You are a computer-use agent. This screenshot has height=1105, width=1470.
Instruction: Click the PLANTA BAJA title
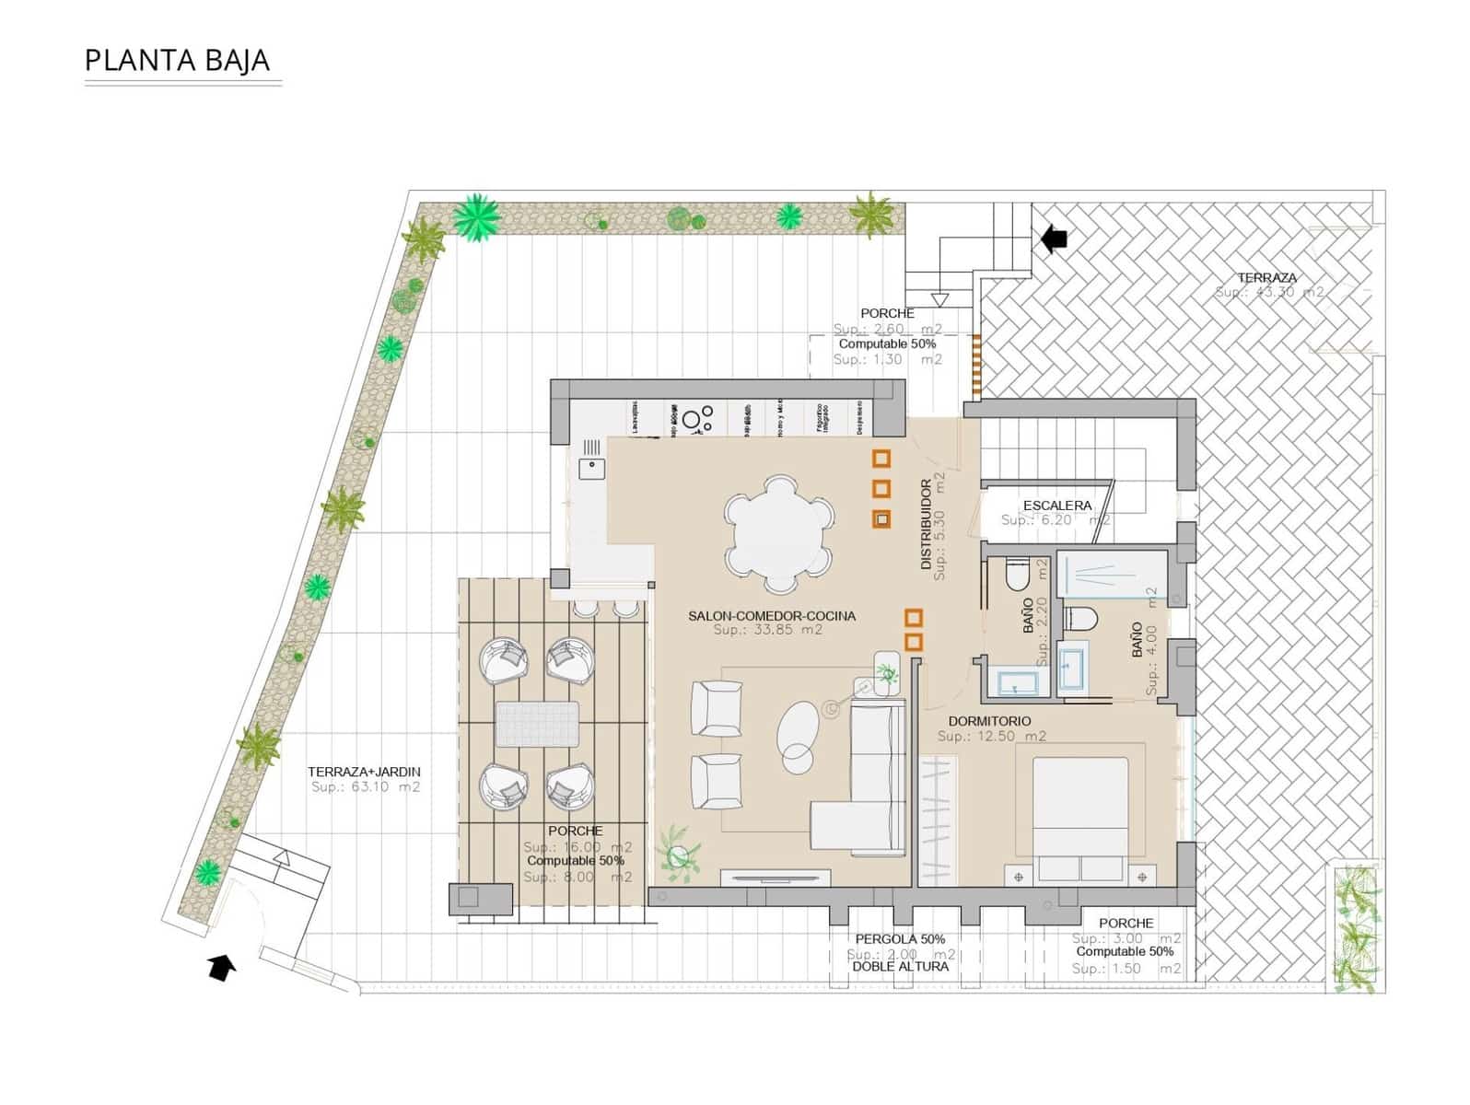(x=177, y=60)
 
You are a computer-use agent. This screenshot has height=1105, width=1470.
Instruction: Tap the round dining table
(x=778, y=533)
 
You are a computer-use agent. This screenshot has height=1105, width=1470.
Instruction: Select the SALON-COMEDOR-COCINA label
(x=771, y=616)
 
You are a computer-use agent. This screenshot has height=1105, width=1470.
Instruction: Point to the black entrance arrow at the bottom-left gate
(x=221, y=968)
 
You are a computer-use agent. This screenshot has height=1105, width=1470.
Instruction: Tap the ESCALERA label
(x=1056, y=506)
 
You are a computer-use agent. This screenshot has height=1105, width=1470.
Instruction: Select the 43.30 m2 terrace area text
(x=1268, y=292)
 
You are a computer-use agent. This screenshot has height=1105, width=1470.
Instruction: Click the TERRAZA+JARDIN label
(x=364, y=772)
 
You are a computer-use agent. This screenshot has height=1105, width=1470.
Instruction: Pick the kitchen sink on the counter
(x=589, y=469)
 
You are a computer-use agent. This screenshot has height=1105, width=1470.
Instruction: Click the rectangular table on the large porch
(x=537, y=724)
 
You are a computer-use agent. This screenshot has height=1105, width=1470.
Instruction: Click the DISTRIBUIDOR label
(x=927, y=525)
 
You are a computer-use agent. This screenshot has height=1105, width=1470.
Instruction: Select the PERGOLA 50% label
(x=900, y=939)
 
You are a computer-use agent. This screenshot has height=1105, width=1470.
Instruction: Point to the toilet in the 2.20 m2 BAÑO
(x=1016, y=576)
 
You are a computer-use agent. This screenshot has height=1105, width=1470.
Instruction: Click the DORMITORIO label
(x=989, y=721)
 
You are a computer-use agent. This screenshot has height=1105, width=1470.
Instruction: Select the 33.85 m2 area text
(x=767, y=631)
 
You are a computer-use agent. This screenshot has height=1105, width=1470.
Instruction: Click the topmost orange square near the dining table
(x=881, y=458)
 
